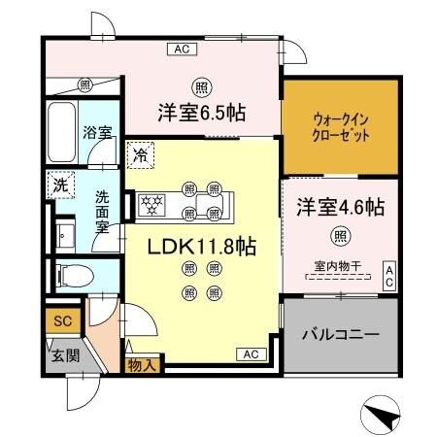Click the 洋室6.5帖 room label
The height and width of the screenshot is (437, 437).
point(203,112)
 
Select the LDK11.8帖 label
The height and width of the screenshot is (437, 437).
point(202,248)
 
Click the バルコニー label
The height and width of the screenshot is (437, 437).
point(340,333)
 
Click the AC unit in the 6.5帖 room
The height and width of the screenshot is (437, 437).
point(182,48)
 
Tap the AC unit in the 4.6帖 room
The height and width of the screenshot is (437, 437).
point(388,275)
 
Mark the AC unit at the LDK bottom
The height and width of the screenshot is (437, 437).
point(250,353)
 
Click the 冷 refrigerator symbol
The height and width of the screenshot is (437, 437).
point(140,154)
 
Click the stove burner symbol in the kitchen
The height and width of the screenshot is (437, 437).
point(151,204)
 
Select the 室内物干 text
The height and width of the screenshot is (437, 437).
point(333,266)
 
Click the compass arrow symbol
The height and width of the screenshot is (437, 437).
point(380,415)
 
